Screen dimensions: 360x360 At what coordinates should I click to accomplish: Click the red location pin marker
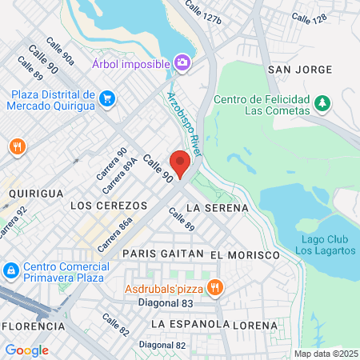click(x=180, y=163)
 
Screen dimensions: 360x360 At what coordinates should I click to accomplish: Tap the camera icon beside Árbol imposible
click(x=182, y=62)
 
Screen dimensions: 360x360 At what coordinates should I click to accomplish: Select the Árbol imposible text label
click(x=130, y=62)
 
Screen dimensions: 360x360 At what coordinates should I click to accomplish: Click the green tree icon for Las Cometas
click(x=322, y=102)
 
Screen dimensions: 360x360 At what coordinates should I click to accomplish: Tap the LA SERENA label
click(x=212, y=207)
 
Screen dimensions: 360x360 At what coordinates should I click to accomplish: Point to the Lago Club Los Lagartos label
click(x=325, y=245)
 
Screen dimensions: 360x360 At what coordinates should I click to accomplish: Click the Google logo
click(x=26, y=350)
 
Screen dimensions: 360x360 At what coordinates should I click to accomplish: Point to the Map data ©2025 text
click(x=325, y=354)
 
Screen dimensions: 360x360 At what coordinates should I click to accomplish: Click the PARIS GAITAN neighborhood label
click(x=163, y=254)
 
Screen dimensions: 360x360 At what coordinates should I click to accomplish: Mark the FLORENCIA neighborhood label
click(x=34, y=326)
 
